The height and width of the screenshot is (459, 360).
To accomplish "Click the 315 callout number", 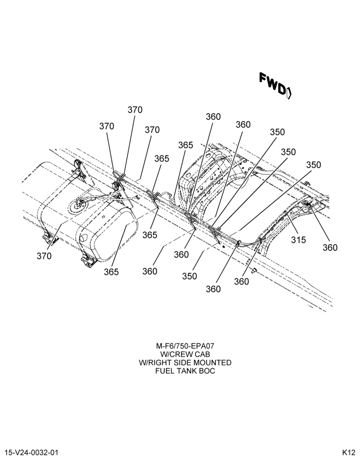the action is click(298, 240).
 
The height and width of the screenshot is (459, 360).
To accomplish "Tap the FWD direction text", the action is click(272, 84).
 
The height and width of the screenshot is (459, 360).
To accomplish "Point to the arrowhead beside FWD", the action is click(289, 93).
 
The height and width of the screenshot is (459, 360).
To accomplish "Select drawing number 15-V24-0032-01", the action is click(32, 453).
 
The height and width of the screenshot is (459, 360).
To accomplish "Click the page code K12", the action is click(349, 453).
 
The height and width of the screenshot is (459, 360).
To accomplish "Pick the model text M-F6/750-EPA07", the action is click(185, 346).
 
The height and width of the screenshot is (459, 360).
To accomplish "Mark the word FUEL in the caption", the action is click(164, 371).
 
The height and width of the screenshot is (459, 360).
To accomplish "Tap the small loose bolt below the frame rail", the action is click(253, 270).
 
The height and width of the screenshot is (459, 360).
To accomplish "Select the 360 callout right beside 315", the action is click(330, 248).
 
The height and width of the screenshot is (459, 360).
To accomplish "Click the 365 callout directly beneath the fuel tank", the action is click(111, 272).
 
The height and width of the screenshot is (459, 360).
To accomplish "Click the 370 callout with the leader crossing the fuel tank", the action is click(44, 256).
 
